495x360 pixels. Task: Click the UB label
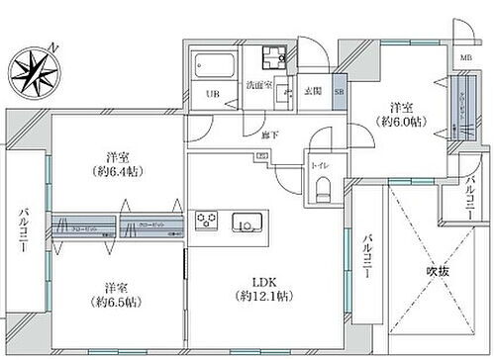pos(211,95)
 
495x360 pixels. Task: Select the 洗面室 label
pos(259,85)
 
